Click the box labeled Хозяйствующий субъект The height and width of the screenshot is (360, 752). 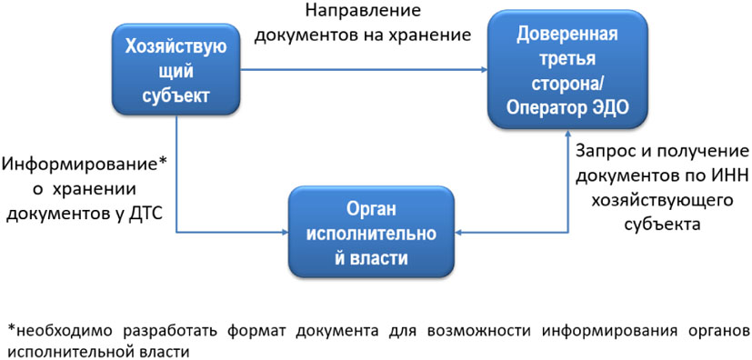[x=176, y=69]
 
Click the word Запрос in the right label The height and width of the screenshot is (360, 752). [x=603, y=149]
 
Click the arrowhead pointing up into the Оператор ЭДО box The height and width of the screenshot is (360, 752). [x=566, y=138]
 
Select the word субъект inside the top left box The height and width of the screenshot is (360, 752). [x=175, y=95]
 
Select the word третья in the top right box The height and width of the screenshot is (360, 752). [x=567, y=61]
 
